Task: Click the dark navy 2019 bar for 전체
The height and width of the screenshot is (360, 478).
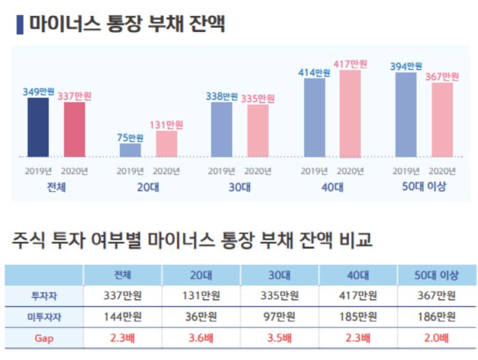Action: click(x=38, y=127)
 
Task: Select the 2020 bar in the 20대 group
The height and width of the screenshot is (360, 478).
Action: click(x=167, y=143)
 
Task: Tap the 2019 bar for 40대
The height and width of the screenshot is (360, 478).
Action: click(x=314, y=117)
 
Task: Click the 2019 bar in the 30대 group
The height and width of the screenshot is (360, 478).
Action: click(x=221, y=130)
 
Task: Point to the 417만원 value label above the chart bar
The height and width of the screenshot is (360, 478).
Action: click(x=350, y=64)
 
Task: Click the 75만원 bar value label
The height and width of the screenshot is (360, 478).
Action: click(x=130, y=137)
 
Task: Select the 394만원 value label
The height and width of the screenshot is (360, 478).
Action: click(x=406, y=66)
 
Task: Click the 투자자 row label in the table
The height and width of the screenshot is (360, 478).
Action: click(x=44, y=296)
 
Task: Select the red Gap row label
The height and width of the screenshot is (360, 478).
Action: click(x=44, y=338)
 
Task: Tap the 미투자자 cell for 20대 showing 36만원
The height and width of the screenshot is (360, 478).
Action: click(x=201, y=317)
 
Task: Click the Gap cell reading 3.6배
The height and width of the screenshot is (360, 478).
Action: click(x=201, y=338)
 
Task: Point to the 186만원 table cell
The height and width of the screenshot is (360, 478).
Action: click(x=436, y=317)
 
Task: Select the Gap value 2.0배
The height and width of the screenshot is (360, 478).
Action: click(x=436, y=338)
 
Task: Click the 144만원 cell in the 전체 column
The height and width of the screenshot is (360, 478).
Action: click(x=123, y=317)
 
